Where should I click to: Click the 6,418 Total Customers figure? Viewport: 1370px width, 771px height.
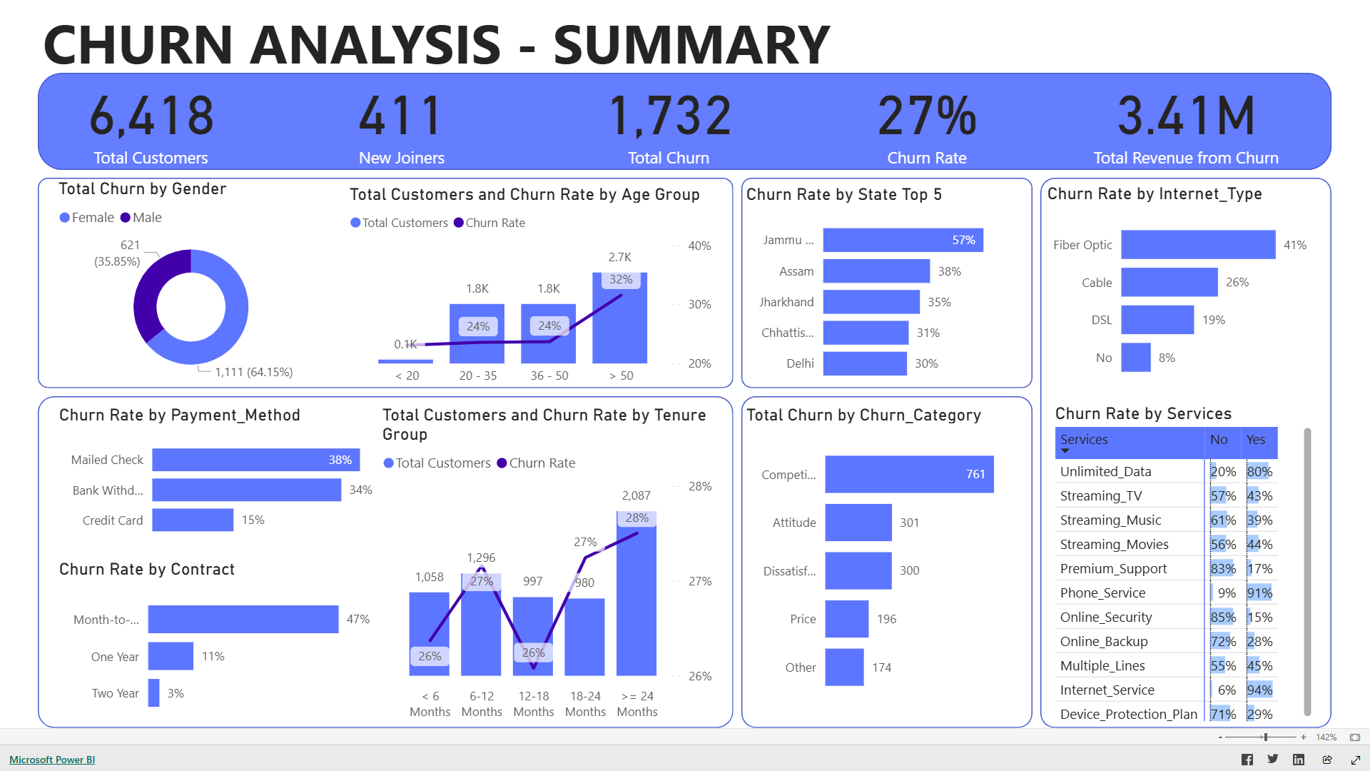pyautogui.click(x=151, y=116)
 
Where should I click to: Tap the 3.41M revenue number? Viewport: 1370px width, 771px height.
pyautogui.click(x=1186, y=116)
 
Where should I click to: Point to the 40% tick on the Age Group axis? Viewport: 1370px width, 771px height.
pyautogui.click(x=699, y=246)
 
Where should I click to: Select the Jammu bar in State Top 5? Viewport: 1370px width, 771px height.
pyautogui.click(x=903, y=241)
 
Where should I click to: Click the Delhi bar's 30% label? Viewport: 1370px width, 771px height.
pyautogui.click(x=926, y=363)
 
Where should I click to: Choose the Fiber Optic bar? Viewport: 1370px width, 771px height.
pyautogui.click(x=1197, y=245)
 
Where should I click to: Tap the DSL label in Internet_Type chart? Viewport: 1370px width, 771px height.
pyautogui.click(x=1101, y=320)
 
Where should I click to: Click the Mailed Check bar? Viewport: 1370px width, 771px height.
pyautogui.click(x=255, y=460)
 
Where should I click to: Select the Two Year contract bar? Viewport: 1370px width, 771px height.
pyautogui.click(x=153, y=693)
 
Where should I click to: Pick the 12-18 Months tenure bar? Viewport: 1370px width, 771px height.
pyautogui.click(x=533, y=635)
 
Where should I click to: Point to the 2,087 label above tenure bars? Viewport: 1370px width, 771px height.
pyautogui.click(x=636, y=495)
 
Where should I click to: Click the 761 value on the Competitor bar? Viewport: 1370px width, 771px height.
pyautogui.click(x=975, y=474)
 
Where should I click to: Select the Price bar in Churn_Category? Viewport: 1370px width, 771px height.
pyautogui.click(x=846, y=619)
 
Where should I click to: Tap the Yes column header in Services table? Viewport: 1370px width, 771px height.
pyautogui.click(x=1255, y=440)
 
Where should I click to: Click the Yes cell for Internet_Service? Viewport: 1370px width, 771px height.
pyautogui.click(x=1259, y=690)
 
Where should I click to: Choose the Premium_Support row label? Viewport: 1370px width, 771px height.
pyautogui.click(x=1113, y=569)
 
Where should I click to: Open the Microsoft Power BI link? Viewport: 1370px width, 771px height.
pyautogui.click(x=52, y=760)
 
